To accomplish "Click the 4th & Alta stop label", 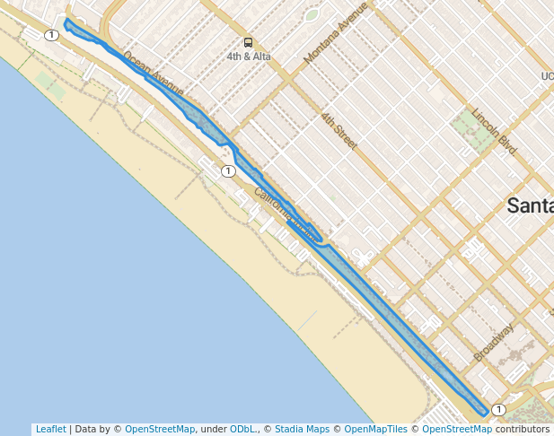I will pyautogui.click(x=249, y=57).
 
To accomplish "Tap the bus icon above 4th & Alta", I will pyautogui.click(x=248, y=42).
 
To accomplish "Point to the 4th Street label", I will pyautogui.click(x=339, y=132).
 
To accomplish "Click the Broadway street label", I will pyautogui.click(x=493, y=343).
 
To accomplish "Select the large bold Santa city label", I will pyautogui.click(x=530, y=205).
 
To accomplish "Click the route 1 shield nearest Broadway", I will pyautogui.click(x=499, y=410).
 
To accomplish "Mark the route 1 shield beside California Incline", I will pyautogui.click(x=229, y=170).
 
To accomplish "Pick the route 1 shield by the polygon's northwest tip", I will pyautogui.click(x=51, y=35).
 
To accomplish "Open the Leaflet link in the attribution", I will pyautogui.click(x=50, y=429).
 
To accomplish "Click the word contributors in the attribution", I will pyautogui.click(x=522, y=429).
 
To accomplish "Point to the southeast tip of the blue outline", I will pyautogui.click(x=486, y=414).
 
